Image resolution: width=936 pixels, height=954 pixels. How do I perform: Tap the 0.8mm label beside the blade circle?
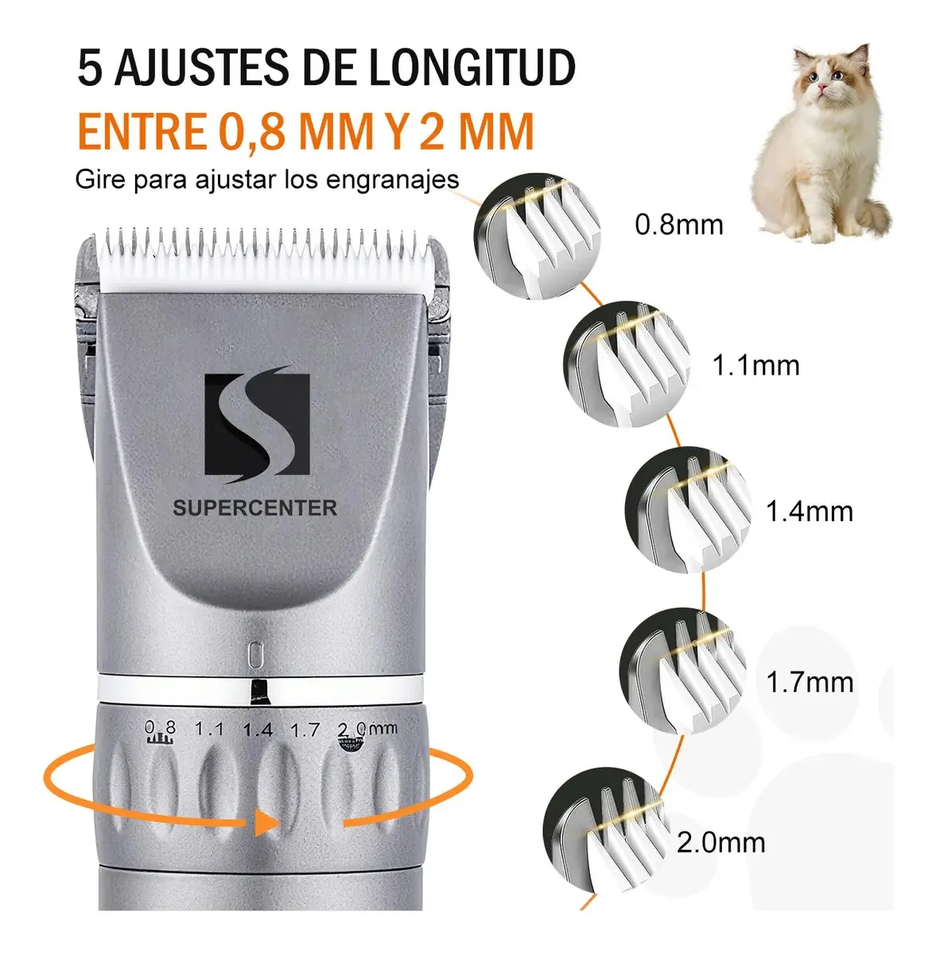pos(678,224)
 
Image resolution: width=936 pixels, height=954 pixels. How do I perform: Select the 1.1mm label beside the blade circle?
pos(755,365)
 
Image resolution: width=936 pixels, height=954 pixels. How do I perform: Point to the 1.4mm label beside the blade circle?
pos(809,511)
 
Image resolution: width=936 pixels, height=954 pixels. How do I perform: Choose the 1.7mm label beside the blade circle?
pos(810,682)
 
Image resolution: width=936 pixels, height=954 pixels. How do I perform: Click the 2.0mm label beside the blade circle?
pos(720,843)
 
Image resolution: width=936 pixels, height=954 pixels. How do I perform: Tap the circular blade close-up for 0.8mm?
pos(537,236)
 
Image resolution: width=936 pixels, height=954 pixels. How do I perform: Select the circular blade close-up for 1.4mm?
pos(688,509)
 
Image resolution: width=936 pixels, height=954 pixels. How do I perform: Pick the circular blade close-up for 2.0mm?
pos(606,830)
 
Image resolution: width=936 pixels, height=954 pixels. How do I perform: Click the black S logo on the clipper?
pos(258,424)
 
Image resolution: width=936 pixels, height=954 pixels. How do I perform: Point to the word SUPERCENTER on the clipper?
pos(254,508)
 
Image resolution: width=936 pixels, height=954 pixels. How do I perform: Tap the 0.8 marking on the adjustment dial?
pos(160,728)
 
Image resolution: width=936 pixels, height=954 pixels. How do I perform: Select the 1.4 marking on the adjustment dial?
pos(258,730)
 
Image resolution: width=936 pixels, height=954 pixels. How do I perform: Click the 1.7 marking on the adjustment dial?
pos(305,730)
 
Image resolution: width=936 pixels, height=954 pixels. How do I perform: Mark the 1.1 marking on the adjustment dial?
pos(209,728)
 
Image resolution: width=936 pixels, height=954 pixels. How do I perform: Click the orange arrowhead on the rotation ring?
pos(266,823)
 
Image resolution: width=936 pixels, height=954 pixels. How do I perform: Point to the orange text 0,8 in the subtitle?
pos(251,131)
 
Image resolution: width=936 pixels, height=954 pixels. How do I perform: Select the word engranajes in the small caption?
pos(392,180)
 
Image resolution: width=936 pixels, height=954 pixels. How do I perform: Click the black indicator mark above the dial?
pos(258,691)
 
